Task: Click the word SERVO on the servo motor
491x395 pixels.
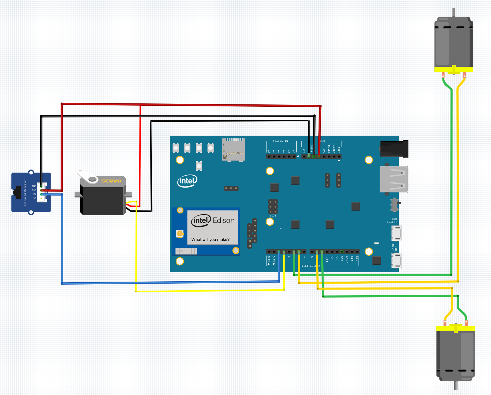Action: tap(111, 181)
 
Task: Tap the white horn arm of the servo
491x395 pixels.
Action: tap(87, 177)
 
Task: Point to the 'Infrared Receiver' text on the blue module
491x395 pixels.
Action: tap(25, 193)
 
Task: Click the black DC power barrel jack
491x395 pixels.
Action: tap(394, 149)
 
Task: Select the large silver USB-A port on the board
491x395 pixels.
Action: tap(394, 180)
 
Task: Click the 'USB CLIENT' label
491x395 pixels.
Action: tap(392, 220)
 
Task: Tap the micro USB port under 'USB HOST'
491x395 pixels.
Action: tap(396, 260)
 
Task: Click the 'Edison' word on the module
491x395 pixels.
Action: tap(223, 220)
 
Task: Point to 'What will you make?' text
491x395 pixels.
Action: tap(210, 239)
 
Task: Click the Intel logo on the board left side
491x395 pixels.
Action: tap(187, 181)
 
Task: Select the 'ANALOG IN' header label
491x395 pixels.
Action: tap(280, 141)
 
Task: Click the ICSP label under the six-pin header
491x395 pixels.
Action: tap(273, 216)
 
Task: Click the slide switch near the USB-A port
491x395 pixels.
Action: tap(395, 204)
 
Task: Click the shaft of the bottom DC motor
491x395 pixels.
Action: tap(456, 386)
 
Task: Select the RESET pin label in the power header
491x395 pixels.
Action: tap(329, 149)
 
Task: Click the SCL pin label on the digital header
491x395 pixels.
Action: tap(357, 258)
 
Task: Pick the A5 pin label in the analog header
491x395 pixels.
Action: tap(269, 152)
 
